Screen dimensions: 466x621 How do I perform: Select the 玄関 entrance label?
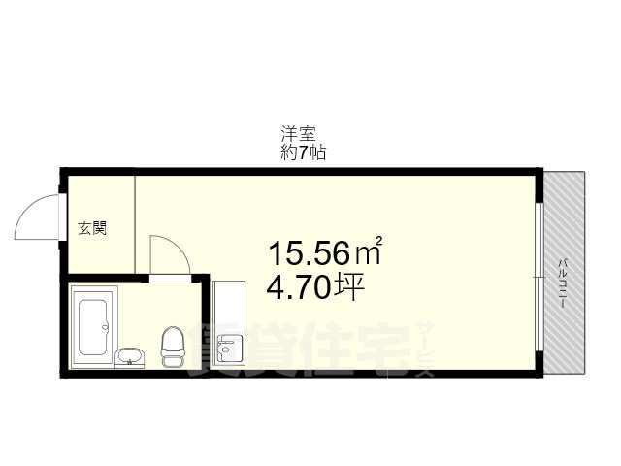coord(92,230)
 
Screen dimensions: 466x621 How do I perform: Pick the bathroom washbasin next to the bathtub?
coord(128,357)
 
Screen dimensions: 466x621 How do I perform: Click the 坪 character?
coord(348,287)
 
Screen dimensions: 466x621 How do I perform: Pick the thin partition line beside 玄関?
coord(135,223)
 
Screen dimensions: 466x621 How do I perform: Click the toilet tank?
coord(172,361)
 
